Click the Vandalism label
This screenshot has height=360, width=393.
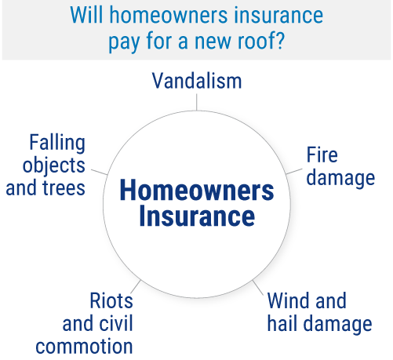(x=197, y=81)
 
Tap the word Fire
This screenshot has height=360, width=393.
(x=322, y=155)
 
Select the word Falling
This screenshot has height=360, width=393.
(x=57, y=144)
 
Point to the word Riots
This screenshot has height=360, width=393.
(x=111, y=300)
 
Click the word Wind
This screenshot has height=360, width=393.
(x=289, y=300)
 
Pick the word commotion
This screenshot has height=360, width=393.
(x=84, y=347)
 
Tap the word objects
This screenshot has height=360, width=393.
(x=54, y=166)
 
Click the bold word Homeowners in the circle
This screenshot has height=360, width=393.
(x=197, y=191)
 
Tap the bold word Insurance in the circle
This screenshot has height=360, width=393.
(x=197, y=216)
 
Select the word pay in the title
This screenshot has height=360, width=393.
(x=125, y=42)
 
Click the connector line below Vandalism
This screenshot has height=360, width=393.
(x=196, y=102)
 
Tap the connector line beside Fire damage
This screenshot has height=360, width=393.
(x=294, y=172)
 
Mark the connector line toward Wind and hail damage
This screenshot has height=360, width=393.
(x=258, y=288)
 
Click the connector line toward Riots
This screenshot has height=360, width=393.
(x=136, y=287)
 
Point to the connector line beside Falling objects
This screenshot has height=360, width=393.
(x=100, y=172)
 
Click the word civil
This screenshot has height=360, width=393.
(x=118, y=323)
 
